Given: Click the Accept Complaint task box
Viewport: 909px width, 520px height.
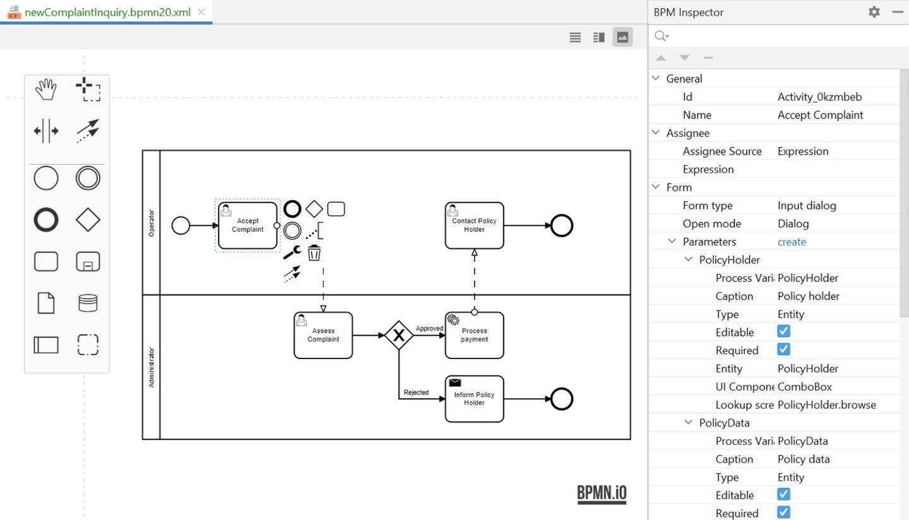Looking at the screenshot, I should [x=247, y=225].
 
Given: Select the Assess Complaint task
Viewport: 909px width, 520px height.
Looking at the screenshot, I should [x=323, y=335].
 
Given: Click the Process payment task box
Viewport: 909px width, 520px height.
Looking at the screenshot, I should [x=474, y=335].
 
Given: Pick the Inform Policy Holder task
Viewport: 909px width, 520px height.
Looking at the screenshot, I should [x=474, y=399].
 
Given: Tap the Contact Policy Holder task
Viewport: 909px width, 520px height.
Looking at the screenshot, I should [x=474, y=225].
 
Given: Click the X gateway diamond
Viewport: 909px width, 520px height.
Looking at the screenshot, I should [x=399, y=335].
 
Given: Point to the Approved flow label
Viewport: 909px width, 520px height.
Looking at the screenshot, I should [x=429, y=329].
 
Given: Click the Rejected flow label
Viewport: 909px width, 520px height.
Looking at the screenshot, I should [x=416, y=393].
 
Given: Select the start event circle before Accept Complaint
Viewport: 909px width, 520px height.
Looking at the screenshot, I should [x=181, y=225].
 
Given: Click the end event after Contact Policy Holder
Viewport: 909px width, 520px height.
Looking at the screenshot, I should [x=561, y=225].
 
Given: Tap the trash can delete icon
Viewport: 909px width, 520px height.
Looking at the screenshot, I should [x=314, y=253].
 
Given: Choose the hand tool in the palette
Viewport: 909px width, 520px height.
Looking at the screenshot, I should [x=45, y=90].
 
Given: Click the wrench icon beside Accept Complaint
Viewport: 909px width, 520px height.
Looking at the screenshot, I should [x=292, y=252].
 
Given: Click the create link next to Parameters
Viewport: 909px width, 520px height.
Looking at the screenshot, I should [x=792, y=242].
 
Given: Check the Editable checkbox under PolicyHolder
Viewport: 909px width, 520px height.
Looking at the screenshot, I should [x=783, y=331].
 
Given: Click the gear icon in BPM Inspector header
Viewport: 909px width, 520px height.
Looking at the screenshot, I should [x=874, y=12].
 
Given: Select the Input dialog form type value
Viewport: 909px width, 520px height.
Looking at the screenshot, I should [x=807, y=206].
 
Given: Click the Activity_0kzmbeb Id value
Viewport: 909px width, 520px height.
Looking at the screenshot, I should [x=819, y=97].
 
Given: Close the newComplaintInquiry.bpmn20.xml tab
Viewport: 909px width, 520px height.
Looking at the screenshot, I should [x=201, y=12].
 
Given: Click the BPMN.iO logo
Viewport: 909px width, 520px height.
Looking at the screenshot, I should [x=602, y=493].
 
